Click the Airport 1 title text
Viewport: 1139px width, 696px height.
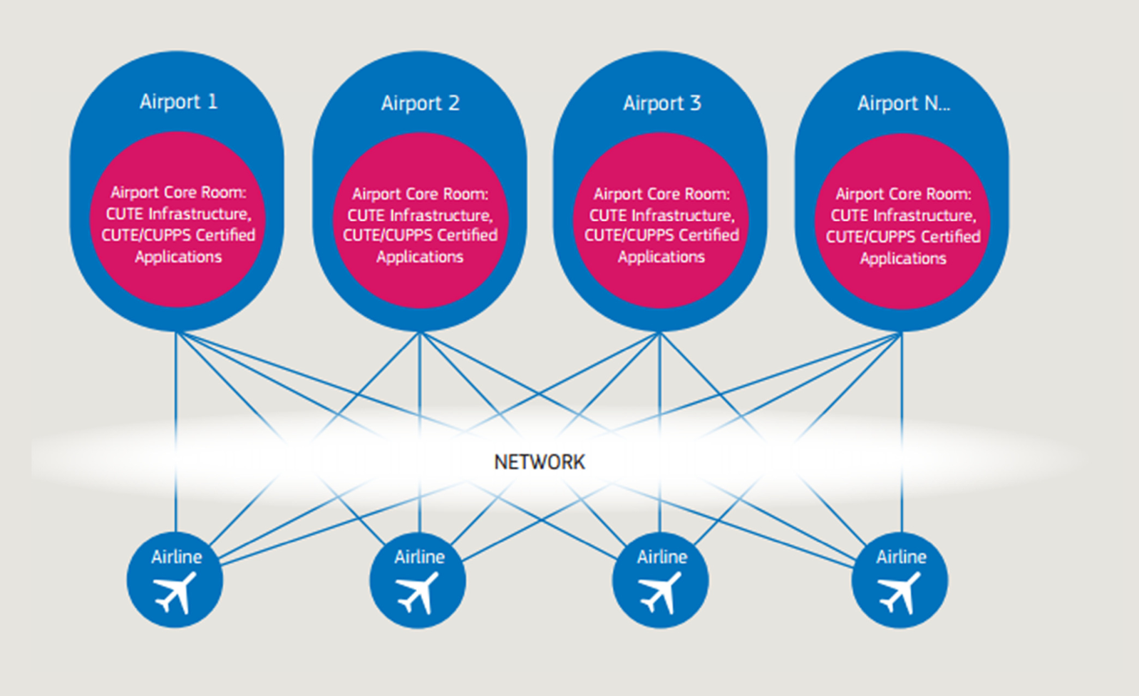click(178, 102)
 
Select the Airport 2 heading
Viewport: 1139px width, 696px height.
click(420, 104)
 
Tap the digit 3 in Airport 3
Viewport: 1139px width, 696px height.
click(695, 103)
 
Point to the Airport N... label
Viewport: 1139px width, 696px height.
click(903, 104)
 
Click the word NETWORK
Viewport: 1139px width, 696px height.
click(539, 462)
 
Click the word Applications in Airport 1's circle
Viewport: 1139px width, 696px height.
click(178, 257)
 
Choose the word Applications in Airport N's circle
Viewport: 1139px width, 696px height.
click(902, 259)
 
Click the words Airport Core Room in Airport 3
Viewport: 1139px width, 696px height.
click(661, 194)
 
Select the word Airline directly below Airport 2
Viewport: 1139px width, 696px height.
click(419, 557)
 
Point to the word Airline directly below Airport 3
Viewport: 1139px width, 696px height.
click(661, 557)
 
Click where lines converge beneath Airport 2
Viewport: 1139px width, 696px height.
click(420, 334)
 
